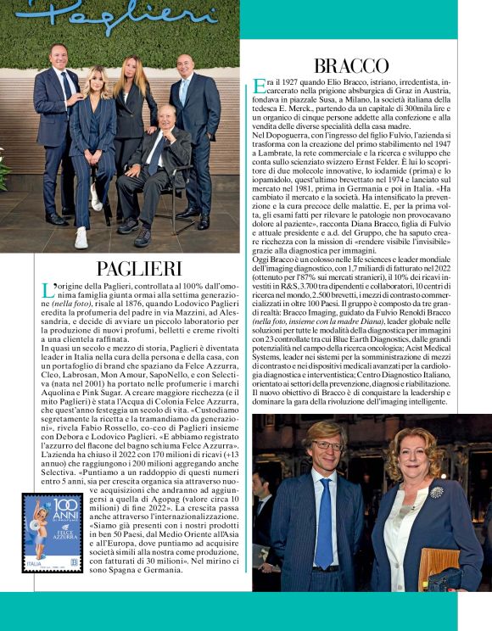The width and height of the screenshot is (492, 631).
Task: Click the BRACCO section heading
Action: [x=351, y=65]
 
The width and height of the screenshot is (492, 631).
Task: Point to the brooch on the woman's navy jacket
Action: [x=436, y=492]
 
